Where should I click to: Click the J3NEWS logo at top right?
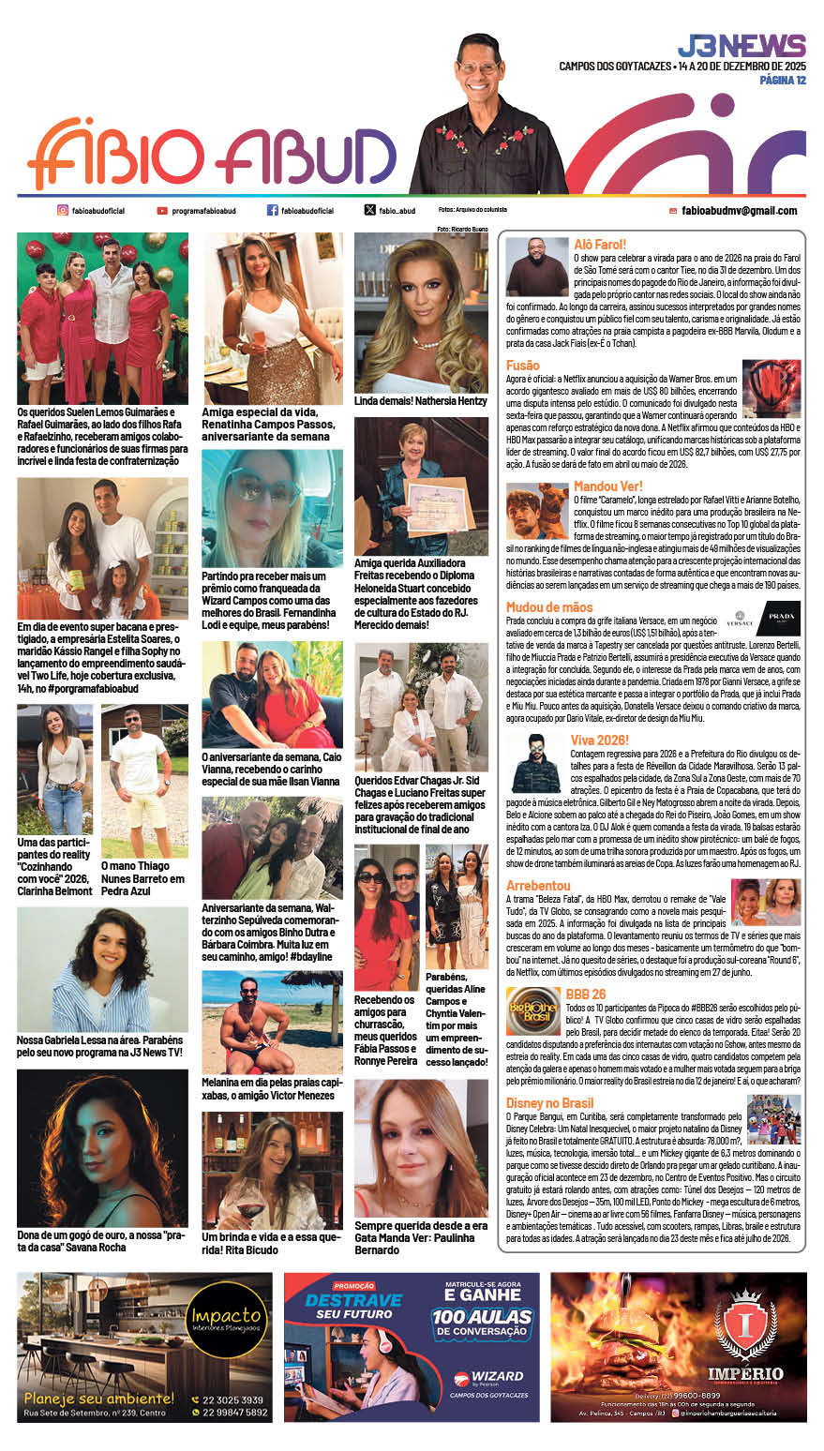(741, 46)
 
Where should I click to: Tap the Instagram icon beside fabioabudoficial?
(63, 211)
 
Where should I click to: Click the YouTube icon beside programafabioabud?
(162, 211)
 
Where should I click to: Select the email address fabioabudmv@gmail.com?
(739, 211)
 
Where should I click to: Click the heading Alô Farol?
(600, 245)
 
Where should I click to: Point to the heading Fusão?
(523, 365)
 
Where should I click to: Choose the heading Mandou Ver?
(608, 486)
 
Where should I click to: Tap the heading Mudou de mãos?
(549, 607)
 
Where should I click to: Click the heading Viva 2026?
(600, 740)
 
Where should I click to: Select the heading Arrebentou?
(538, 885)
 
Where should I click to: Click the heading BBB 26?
(586, 994)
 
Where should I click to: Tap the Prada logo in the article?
(782, 620)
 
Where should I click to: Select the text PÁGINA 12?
(782, 80)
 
